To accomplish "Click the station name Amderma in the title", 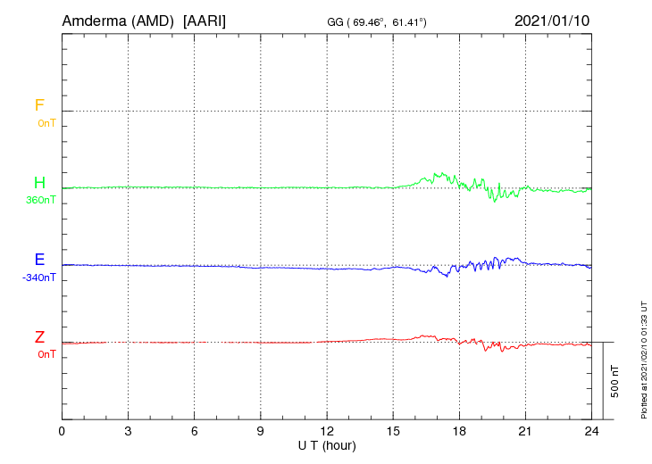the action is [94, 21].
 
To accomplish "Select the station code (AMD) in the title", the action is [153, 21].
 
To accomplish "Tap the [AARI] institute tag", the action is [205, 21].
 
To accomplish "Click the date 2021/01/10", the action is [552, 21].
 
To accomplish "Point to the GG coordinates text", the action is [377, 22].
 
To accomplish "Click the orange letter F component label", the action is [39, 105].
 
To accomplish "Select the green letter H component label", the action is [39, 182].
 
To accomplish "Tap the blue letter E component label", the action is [39, 259].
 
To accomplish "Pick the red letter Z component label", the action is [39, 336].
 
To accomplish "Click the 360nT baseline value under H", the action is [41, 200].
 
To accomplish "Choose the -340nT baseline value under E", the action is [38, 278].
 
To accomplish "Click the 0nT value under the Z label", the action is [46, 354].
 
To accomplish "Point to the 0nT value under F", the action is [46, 123].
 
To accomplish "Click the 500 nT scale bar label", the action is [615, 381].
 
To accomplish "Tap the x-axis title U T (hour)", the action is [327, 446].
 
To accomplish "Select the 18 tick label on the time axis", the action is [459, 432].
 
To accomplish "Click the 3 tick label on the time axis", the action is [128, 432].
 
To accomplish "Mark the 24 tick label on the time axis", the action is [591, 432].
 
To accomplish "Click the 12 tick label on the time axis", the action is [327, 432].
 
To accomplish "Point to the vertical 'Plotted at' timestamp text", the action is [644, 360].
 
